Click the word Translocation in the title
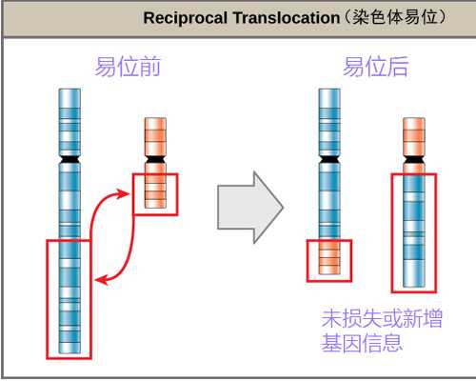click(271, 18)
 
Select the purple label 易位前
click(128, 68)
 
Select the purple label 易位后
click(375, 68)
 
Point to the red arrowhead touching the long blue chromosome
click(101, 279)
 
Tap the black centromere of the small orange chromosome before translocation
click(154, 157)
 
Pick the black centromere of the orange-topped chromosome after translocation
click(413, 157)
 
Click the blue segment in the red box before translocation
click(69, 299)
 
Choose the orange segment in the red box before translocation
click(154, 193)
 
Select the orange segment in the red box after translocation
click(328, 260)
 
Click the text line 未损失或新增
click(381, 319)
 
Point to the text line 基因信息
click(362, 343)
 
